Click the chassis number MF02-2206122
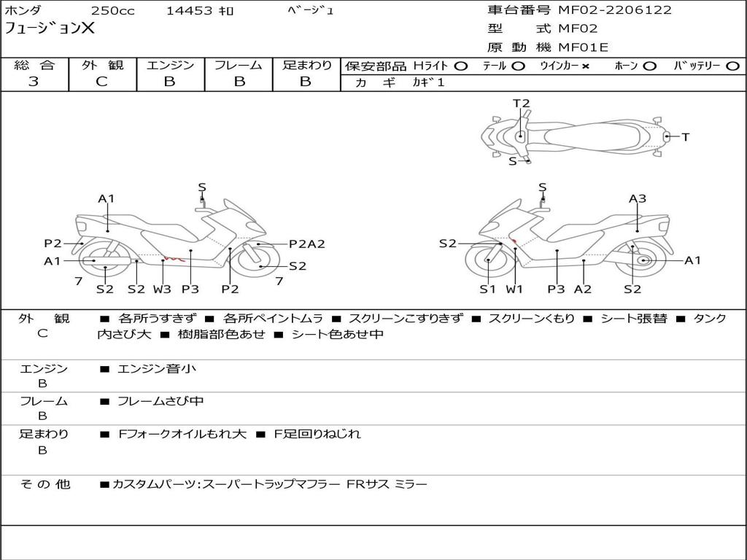pos(615,10)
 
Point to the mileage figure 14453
pos(189,11)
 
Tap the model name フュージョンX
pos(50,29)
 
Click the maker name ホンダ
pos(23,11)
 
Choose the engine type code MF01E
pos(583,48)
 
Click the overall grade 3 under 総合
pos(34,82)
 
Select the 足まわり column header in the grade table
pos(306,66)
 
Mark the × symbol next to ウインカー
pos(586,66)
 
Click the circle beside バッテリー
pos(732,66)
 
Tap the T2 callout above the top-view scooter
pos(521,104)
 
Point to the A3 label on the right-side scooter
pos(638,198)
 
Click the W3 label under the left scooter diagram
pos(162,289)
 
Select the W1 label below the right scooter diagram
pos(515,289)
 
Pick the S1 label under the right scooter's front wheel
pos(487,289)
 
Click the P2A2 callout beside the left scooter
pos(306,244)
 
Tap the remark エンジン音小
pos(157,369)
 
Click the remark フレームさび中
pos(160,401)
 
